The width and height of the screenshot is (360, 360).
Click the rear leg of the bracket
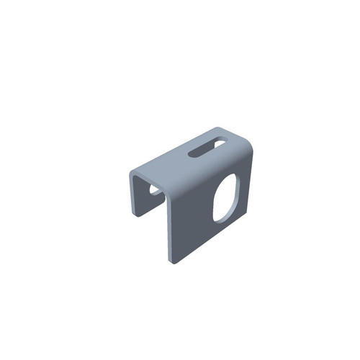tap(137, 194)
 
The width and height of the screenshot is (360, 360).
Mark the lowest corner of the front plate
tap(173, 261)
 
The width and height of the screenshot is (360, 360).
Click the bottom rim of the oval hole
tap(221, 218)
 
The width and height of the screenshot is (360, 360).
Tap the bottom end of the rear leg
tap(137, 215)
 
